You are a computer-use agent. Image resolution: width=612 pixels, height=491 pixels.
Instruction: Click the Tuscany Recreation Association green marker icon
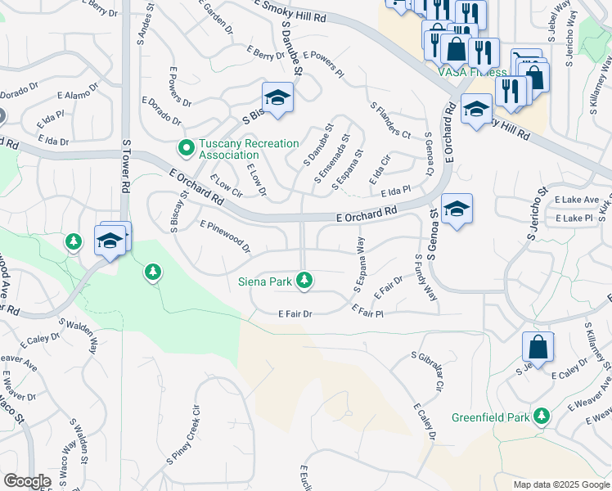pos(186,148)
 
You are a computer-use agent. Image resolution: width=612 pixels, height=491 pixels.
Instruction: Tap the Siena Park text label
pos(265,282)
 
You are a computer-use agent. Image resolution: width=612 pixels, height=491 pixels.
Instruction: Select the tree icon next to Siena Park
pos(304,281)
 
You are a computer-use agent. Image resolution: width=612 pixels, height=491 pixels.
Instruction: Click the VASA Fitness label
pos(472,72)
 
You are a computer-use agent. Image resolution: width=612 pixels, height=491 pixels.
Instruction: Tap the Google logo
pos(27,481)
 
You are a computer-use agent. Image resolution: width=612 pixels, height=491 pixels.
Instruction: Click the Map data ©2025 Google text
pos(560,484)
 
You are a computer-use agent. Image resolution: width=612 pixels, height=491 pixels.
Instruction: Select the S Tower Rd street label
pos(126,165)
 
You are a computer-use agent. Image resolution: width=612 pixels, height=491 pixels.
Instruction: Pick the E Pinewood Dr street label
pos(225,236)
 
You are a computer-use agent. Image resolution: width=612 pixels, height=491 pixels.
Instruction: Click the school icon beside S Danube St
pos(277,99)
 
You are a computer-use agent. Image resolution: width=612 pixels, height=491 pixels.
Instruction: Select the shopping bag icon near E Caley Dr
pos(538,348)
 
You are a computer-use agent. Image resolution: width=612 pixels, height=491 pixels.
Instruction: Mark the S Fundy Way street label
pos(425,277)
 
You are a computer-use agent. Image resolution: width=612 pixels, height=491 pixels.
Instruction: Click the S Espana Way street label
pos(358,264)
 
